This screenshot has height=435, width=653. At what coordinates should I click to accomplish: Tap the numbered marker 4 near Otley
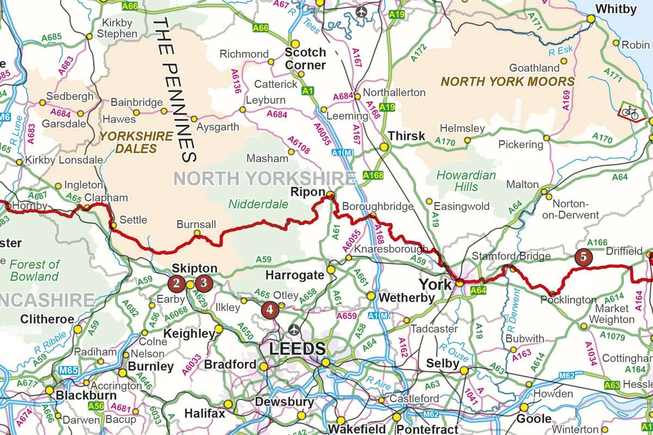click(x=270, y=310)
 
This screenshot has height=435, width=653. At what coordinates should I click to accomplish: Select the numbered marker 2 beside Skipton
click(x=176, y=283)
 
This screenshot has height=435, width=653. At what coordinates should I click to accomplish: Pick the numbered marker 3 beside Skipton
click(x=203, y=283)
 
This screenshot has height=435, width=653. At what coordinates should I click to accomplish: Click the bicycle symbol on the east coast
click(x=631, y=113)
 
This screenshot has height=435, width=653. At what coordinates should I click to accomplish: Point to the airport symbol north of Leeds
click(x=294, y=330)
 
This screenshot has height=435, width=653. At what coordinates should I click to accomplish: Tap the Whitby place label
click(x=615, y=9)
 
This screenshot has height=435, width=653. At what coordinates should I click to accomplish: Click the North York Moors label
click(x=507, y=82)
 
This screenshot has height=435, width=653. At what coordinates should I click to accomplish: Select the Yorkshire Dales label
click(x=136, y=142)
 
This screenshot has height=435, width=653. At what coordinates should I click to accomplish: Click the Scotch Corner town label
click(x=306, y=59)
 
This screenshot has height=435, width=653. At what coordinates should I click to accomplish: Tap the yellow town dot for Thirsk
click(x=384, y=147)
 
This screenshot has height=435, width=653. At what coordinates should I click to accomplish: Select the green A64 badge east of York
click(x=478, y=291)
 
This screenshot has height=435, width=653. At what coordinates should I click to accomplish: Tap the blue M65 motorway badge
click(x=68, y=371)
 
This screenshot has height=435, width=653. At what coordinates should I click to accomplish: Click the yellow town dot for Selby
click(x=464, y=370)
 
